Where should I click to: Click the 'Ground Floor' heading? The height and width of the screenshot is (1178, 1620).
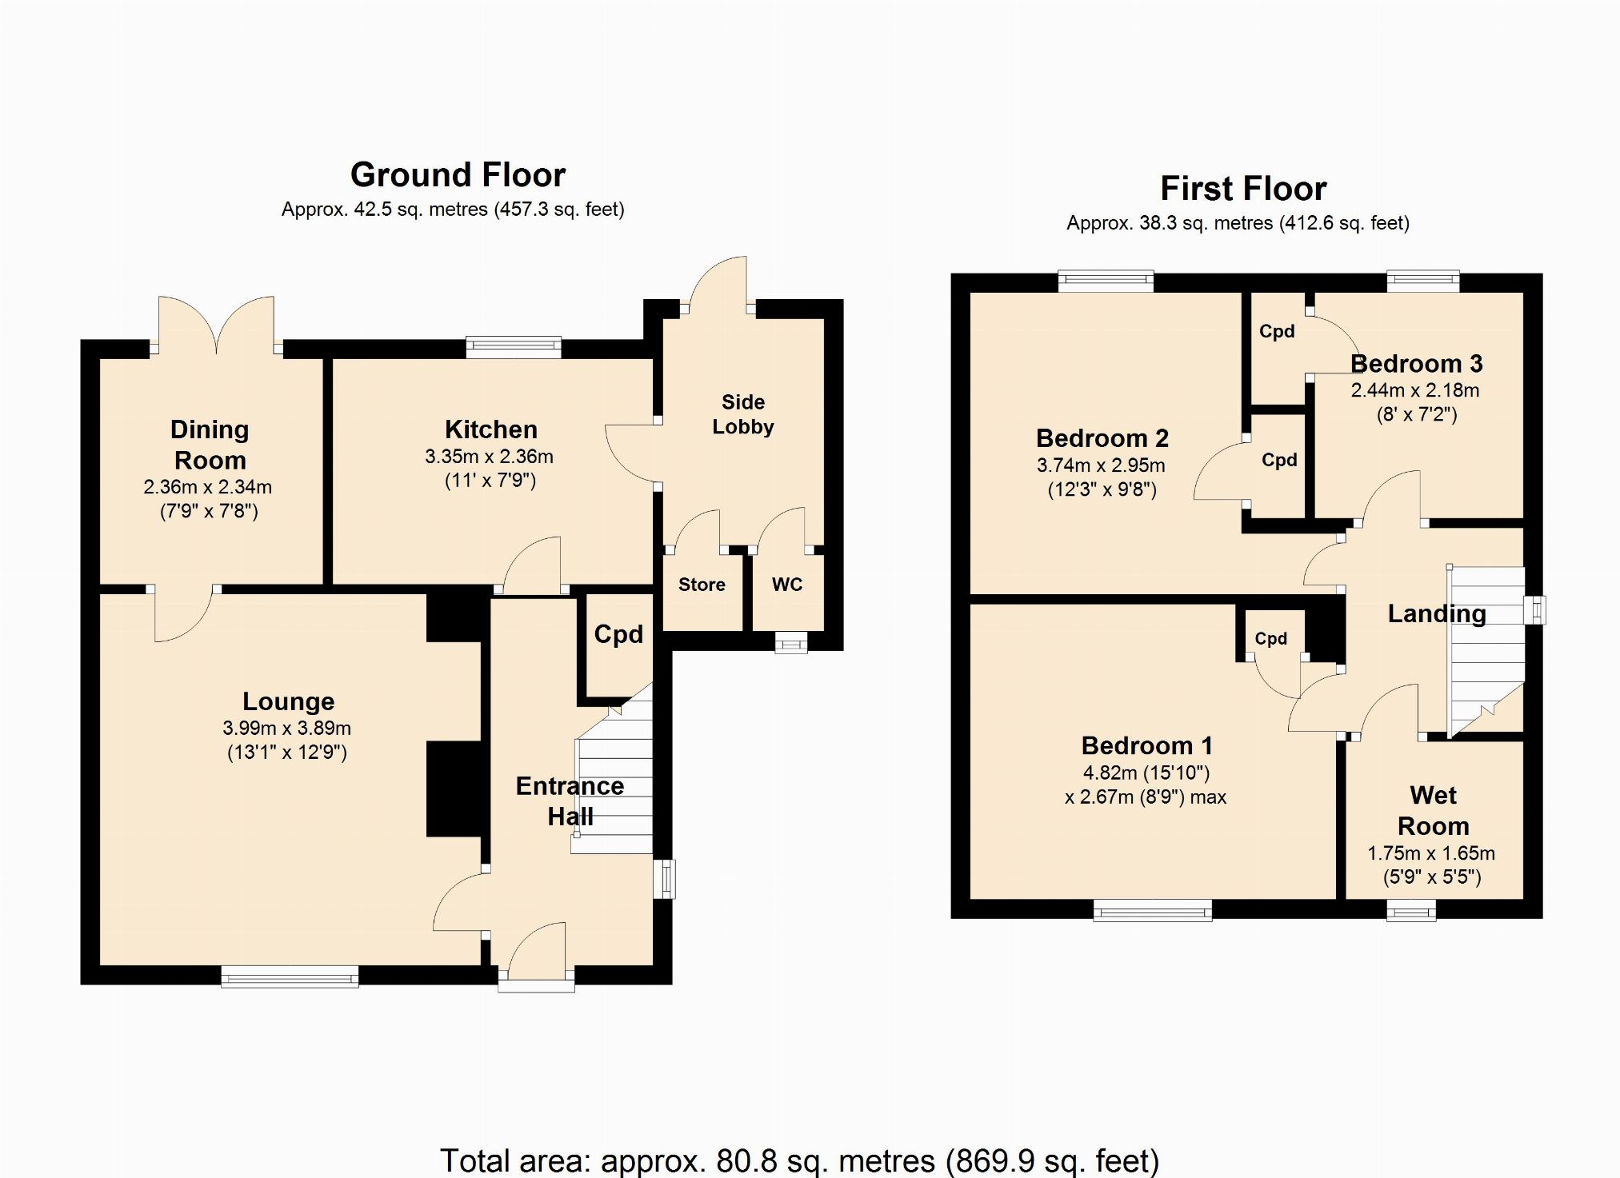(x=458, y=174)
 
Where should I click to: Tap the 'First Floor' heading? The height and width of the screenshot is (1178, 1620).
(x=1243, y=189)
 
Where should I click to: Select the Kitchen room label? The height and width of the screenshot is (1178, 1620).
(x=490, y=429)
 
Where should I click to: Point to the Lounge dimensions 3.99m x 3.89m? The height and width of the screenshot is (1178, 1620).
(x=286, y=728)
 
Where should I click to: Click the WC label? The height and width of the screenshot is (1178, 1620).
(x=787, y=585)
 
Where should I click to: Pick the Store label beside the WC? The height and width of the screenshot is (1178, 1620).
(x=702, y=585)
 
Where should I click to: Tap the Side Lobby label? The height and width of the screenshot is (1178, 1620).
(x=743, y=414)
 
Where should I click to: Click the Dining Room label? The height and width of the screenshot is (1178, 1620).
(x=210, y=445)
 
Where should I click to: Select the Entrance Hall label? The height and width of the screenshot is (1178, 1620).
(x=570, y=801)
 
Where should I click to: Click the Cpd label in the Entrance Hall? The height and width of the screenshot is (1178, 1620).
(x=618, y=634)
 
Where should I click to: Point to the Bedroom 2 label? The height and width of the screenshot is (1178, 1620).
(x=1102, y=438)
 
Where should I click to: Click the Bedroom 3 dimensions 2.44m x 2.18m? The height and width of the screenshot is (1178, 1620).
(x=1415, y=390)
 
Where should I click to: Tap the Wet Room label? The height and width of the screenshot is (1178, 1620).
(x=1434, y=810)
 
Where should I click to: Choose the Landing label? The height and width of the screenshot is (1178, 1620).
(x=1437, y=613)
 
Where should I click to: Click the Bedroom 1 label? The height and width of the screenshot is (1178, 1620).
(x=1147, y=745)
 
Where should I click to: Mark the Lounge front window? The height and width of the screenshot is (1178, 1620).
(x=290, y=976)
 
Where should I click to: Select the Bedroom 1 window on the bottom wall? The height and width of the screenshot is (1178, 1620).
(x=1153, y=910)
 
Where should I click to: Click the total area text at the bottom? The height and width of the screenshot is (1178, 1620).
(x=799, y=1160)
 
